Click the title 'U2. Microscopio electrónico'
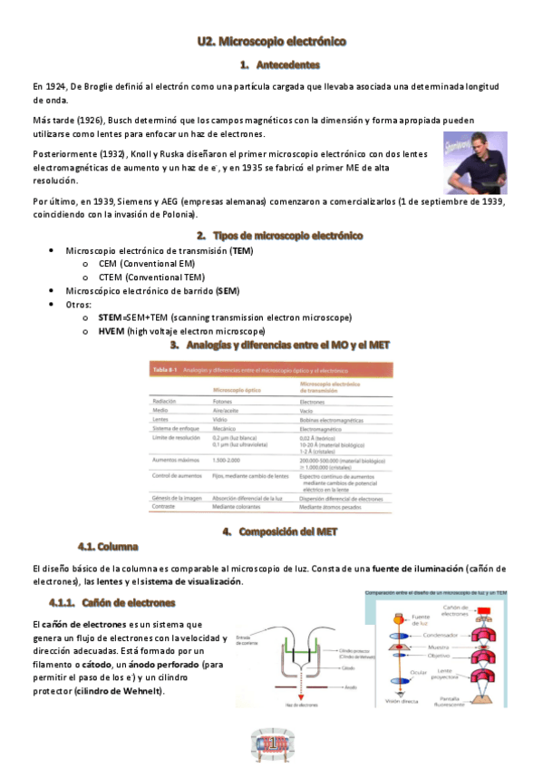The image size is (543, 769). tap(272, 42)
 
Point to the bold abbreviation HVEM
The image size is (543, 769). tap(114, 332)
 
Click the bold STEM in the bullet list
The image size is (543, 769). tap(113, 317)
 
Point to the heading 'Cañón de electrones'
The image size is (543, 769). tap(128, 602)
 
